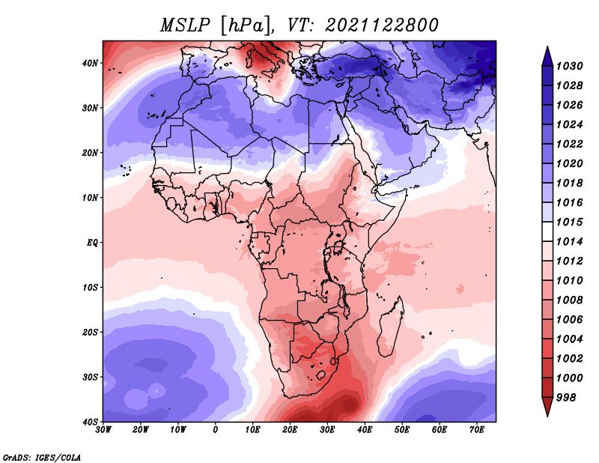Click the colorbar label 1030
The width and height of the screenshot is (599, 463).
click(x=569, y=66)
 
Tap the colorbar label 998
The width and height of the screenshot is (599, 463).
click(x=565, y=398)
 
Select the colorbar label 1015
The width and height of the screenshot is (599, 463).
click(x=569, y=222)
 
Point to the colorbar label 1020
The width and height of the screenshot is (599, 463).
click(x=569, y=163)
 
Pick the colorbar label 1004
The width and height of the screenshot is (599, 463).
click(x=569, y=339)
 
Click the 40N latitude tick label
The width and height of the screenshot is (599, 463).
click(x=90, y=63)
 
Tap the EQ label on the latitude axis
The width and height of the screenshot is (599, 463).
click(x=92, y=243)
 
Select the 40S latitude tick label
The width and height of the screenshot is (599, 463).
click(x=90, y=422)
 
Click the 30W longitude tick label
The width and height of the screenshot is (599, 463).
click(x=103, y=430)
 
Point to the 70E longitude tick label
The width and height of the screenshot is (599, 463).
click(x=477, y=430)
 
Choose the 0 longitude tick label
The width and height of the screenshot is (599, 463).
click(x=216, y=430)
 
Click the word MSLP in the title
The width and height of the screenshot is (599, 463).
click(x=185, y=25)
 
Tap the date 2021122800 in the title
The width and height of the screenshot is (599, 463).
click(x=382, y=25)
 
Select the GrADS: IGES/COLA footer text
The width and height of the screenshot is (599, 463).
click(x=42, y=458)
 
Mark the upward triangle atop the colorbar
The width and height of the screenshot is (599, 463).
click(x=547, y=56)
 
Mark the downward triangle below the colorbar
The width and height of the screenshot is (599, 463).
click(x=547, y=407)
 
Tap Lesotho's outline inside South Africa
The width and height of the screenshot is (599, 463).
click(x=320, y=375)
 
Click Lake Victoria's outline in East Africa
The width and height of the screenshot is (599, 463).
click(x=338, y=246)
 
